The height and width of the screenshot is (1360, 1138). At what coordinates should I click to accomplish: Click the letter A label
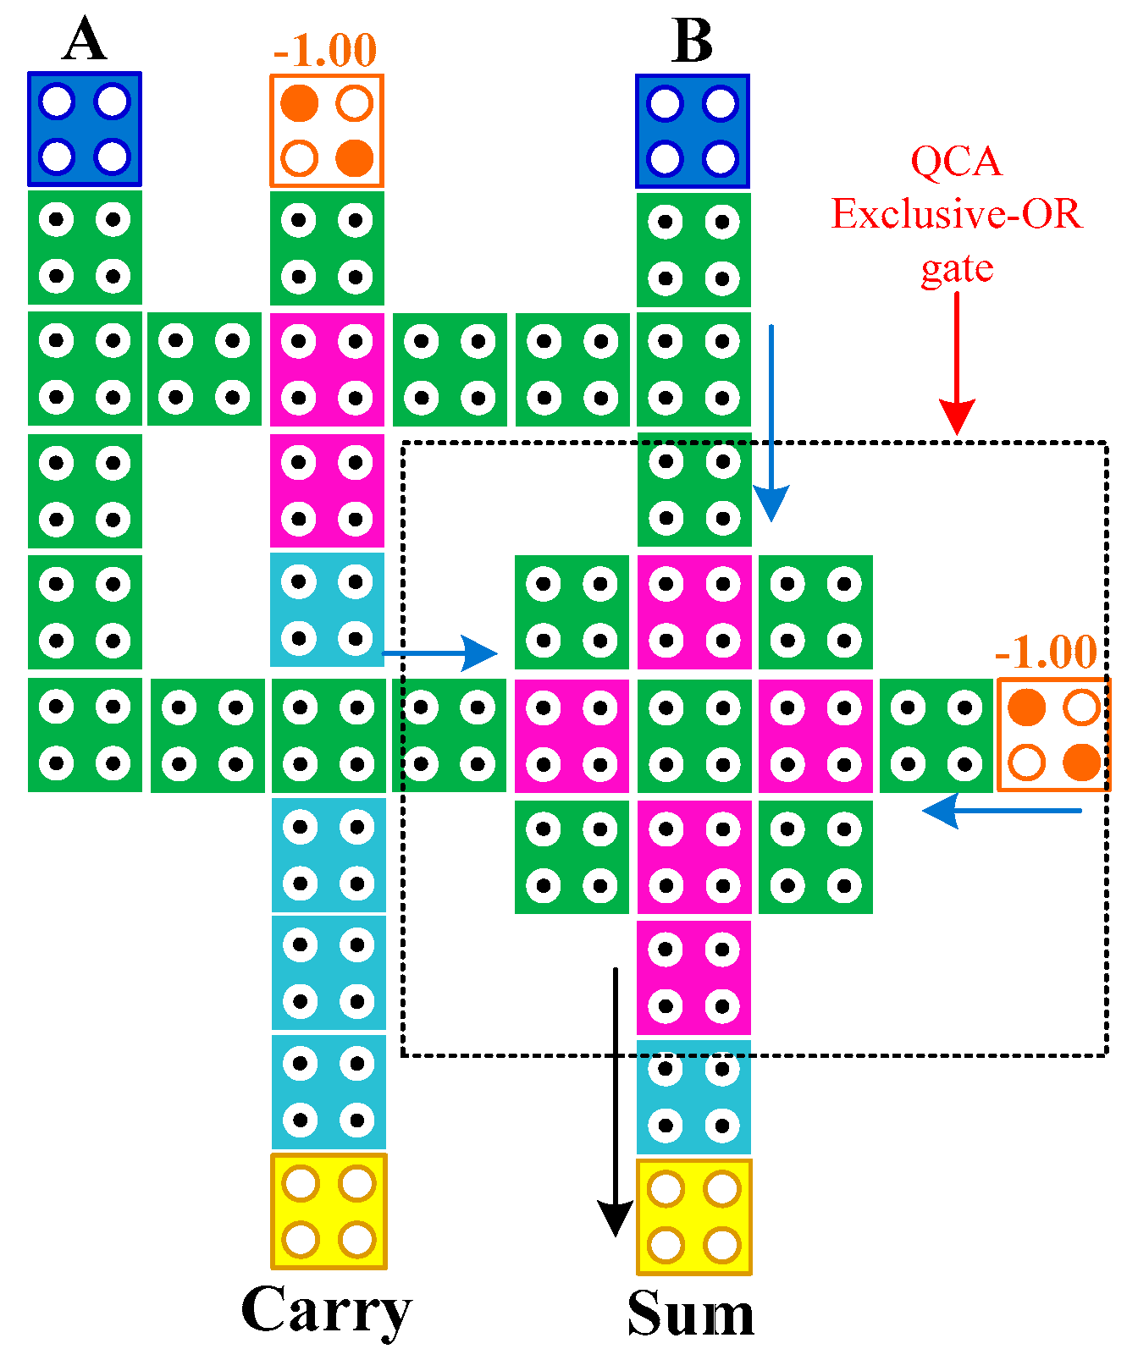85,40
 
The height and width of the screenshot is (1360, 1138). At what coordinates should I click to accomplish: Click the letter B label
692,41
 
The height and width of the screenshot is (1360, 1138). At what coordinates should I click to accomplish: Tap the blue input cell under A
85,129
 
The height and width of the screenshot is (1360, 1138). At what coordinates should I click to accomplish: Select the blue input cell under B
693,131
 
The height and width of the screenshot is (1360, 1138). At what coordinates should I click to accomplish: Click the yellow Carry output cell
329,1211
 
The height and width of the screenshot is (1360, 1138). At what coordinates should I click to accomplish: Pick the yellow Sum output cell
693,1216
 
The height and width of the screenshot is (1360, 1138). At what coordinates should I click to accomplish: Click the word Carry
327,1309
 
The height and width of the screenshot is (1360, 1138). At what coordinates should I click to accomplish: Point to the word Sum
691,1313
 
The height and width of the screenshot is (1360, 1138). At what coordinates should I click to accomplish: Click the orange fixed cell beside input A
327,130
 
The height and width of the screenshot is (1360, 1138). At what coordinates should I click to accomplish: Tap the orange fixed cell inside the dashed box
1053,735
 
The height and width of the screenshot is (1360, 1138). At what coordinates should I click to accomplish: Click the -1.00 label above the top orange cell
325,51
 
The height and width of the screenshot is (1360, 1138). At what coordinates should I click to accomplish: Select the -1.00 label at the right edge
1047,652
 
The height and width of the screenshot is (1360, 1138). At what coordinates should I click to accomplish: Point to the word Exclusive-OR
957,214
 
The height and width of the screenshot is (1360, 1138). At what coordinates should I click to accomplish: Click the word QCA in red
957,161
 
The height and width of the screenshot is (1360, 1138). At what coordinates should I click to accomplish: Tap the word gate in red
957,269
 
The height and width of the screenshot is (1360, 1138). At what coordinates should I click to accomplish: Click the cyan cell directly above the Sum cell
693,1097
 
